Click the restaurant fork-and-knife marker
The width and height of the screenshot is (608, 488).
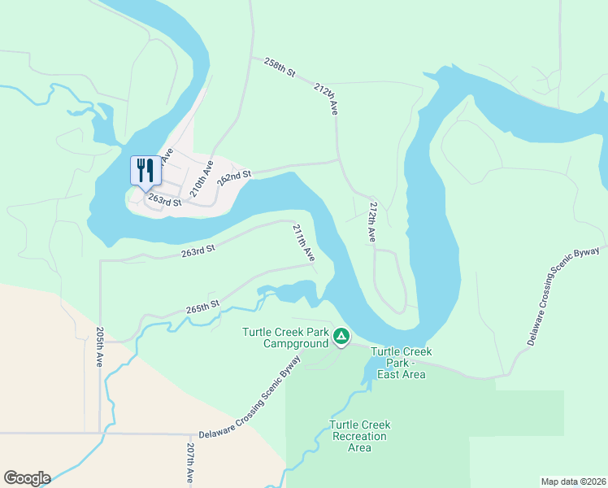145,171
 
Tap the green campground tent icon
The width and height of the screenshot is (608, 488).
342,336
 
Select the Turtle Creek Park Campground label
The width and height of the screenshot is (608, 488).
283,338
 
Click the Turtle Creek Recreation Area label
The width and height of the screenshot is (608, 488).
359,437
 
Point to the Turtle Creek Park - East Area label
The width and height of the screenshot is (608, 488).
402,363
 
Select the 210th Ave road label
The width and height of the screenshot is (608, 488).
202,179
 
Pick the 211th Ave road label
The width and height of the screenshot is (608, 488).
304,242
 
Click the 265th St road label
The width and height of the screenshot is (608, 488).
203,307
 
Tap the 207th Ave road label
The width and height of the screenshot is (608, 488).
190,464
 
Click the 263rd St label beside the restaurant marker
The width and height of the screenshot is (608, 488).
164,200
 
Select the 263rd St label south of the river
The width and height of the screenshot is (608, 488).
198,253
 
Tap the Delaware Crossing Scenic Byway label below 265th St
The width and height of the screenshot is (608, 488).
249,399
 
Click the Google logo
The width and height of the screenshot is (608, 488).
26,478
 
